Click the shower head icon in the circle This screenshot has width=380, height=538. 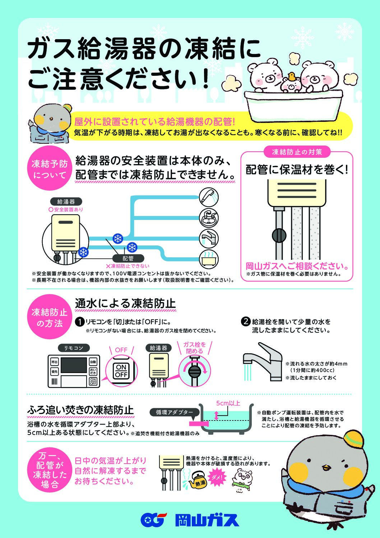209,197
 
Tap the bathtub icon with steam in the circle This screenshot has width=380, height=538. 209,259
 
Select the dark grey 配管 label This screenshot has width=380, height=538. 128,258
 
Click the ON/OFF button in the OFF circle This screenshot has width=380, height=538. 121,371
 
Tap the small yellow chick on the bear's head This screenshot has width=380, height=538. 292,77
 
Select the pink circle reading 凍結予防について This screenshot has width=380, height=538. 50,168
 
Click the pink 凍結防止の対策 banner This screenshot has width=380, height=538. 297,152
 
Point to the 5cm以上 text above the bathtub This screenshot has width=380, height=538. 228,403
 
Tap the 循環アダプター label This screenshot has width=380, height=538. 174,412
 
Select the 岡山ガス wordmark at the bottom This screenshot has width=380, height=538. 207,520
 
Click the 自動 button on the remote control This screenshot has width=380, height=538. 93,362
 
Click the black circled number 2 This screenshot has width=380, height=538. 246,321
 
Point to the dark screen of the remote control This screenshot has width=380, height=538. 74,365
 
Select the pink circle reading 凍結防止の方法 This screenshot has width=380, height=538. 50,317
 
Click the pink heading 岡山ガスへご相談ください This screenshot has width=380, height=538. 297,266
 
